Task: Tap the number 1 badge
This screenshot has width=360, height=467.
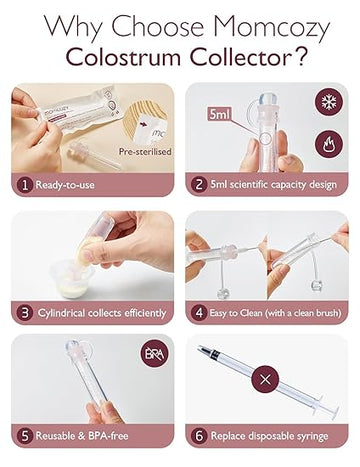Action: tap(22, 184)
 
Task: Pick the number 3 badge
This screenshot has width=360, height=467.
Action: tap(22, 310)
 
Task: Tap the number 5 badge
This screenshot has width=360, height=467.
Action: tap(22, 436)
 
